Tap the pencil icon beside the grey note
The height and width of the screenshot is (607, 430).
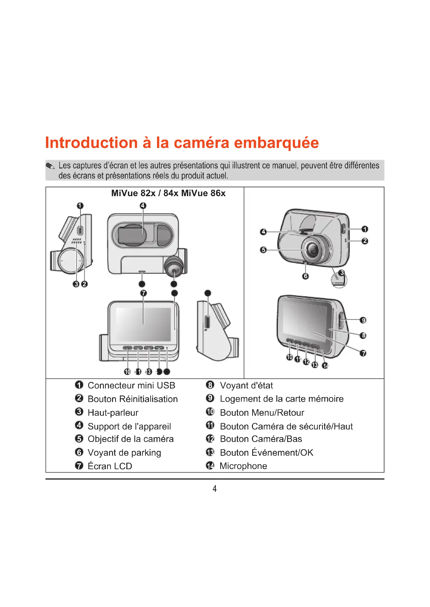50,166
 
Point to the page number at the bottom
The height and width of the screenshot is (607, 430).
215,488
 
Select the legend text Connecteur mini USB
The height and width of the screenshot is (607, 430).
131,385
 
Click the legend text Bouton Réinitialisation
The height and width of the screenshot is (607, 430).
133,399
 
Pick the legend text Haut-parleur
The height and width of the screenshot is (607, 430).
113,413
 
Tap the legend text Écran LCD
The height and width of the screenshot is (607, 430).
110,466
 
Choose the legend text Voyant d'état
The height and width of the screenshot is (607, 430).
246,385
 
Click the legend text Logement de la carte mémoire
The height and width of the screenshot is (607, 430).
282,399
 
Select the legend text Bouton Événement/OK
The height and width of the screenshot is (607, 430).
267,452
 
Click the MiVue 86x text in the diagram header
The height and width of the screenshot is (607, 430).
203,193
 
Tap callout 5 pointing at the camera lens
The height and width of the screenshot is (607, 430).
263,250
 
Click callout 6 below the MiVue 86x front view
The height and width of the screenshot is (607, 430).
305,276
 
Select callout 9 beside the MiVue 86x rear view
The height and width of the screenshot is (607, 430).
363,320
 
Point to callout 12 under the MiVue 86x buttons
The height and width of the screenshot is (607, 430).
306,362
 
